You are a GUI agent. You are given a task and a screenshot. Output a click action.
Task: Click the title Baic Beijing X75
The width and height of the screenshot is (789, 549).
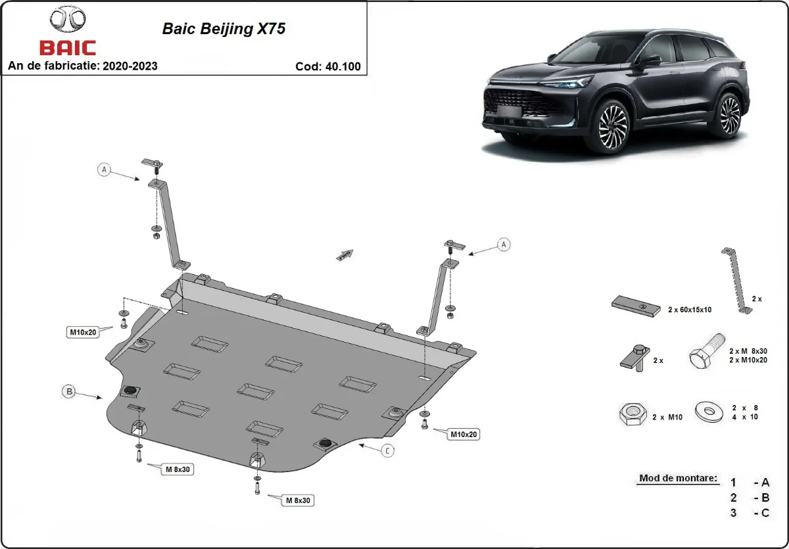(x=224, y=30)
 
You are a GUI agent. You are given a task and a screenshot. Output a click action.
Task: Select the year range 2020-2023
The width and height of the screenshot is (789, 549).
(x=130, y=66)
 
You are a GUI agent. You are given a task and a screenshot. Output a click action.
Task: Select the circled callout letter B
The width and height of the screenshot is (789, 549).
(x=68, y=392)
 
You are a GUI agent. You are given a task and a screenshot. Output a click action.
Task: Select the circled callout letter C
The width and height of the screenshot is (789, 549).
(x=388, y=450)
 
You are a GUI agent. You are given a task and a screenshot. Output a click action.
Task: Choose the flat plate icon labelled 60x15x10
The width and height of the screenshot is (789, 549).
(x=635, y=306)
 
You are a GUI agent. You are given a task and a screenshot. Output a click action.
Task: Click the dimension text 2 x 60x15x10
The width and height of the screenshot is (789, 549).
(x=690, y=309)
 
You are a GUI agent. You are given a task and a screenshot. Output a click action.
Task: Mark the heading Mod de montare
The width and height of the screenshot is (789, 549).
(x=677, y=478)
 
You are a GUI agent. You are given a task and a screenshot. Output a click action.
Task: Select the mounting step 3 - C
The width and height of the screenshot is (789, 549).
(x=750, y=513)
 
